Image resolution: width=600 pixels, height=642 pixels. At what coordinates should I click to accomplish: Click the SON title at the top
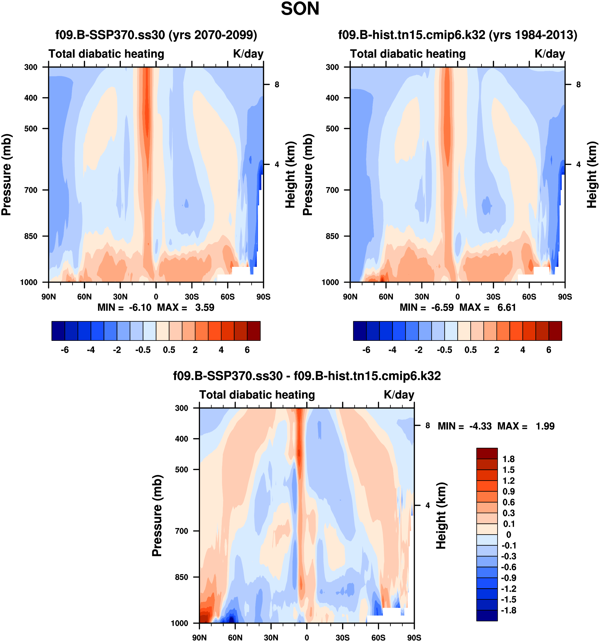pos(300,9)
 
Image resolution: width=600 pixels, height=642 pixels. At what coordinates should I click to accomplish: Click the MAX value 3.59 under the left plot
pos(204,308)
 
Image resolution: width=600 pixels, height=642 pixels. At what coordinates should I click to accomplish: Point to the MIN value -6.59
pos(442,308)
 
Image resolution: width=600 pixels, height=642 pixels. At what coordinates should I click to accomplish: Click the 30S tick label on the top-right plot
pos(493,297)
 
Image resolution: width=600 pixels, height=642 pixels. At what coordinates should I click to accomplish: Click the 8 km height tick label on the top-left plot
pos(277,85)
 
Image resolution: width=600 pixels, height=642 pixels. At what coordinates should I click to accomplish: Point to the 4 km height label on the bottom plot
pos(428,506)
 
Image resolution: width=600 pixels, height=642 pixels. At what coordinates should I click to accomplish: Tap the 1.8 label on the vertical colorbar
pos(508,459)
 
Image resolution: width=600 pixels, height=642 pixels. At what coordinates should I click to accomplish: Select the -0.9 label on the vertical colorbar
pos(508,578)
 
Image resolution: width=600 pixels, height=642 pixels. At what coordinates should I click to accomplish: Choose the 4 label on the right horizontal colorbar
pos(523,350)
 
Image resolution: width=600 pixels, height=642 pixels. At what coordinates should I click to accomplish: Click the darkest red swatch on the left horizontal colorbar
pos(254,331)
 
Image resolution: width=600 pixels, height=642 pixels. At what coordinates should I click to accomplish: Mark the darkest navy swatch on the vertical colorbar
pos(487,615)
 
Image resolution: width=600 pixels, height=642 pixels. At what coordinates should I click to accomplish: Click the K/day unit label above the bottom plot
pos(399,395)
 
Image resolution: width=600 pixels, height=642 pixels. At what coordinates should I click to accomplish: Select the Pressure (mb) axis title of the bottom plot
pos(157,516)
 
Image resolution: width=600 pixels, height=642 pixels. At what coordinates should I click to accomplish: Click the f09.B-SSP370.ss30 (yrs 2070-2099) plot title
pos(156,35)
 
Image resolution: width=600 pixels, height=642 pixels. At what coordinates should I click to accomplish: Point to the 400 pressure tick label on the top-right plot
pos(332,98)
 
